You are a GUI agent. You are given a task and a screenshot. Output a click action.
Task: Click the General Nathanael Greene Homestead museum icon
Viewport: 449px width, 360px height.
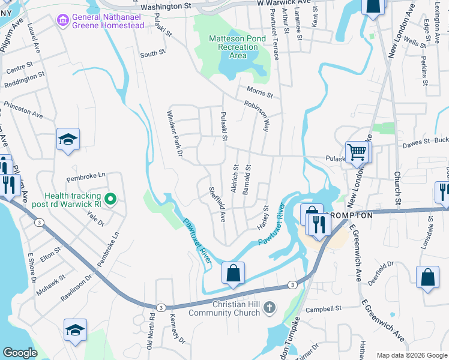[62, 21]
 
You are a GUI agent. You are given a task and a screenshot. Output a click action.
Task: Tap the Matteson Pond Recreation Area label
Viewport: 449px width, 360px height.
[236, 47]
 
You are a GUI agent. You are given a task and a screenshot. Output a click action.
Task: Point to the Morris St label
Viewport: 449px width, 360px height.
[259, 93]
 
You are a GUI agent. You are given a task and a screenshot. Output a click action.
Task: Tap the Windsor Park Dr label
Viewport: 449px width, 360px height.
[174, 133]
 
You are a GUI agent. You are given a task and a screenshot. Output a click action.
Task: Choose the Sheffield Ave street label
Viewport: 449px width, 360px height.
[217, 204]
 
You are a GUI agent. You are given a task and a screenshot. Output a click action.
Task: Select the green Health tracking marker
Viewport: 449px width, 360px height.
[110, 199]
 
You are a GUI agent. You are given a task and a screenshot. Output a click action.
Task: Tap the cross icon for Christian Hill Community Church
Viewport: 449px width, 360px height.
[270, 308]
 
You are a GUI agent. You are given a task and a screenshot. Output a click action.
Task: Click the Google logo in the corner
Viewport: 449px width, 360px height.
[20, 353]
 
